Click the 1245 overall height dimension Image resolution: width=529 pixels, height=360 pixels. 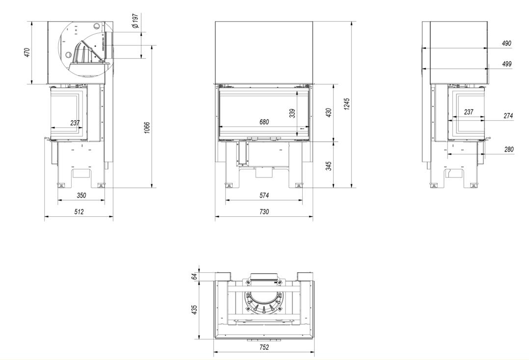[x=347, y=104]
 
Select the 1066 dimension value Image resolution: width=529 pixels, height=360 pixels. [x=146, y=128]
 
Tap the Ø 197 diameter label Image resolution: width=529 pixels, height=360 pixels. [x=135, y=21]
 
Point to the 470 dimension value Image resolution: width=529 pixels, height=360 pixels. [x=27, y=52]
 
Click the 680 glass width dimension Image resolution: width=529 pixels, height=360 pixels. [x=264, y=122]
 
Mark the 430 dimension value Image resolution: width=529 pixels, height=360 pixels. [x=329, y=113]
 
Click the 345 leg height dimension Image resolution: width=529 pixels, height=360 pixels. [x=329, y=166]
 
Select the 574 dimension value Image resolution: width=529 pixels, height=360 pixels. [x=264, y=195]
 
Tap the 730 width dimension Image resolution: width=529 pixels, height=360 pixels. [x=264, y=212]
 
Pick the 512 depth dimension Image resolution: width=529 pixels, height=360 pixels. [x=79, y=212]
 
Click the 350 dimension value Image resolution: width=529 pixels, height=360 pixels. [x=81, y=195]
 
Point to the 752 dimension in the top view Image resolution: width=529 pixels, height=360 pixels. [x=264, y=347]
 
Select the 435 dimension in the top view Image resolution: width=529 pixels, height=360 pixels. [x=194, y=310]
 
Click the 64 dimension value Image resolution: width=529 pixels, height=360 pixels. [x=194, y=277]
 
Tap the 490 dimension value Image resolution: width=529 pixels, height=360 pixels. [x=506, y=43]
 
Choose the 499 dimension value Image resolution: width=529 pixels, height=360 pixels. [x=506, y=64]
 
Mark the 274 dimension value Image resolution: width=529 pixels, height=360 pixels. [x=508, y=116]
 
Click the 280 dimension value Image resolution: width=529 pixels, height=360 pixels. [x=509, y=149]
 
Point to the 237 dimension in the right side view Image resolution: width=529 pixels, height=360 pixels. [x=469, y=112]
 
